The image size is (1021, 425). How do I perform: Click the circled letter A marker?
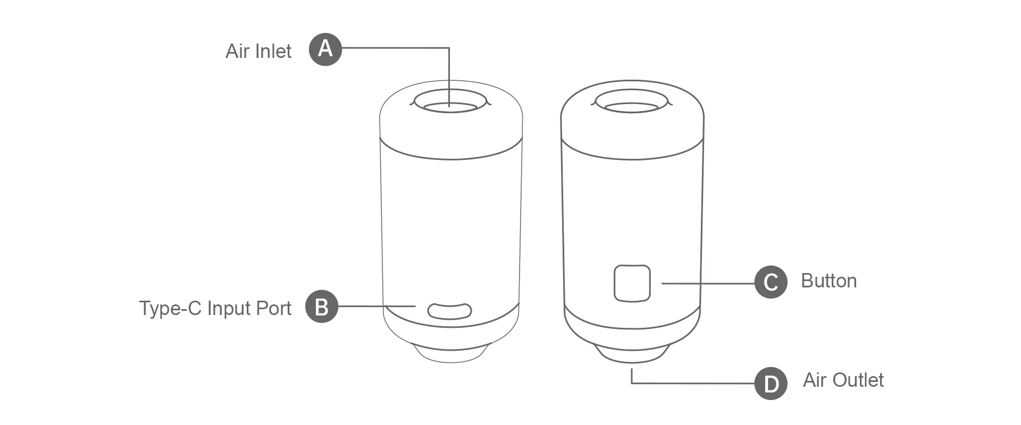pyautogui.click(x=325, y=49)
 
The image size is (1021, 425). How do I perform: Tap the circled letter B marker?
pyautogui.click(x=321, y=307)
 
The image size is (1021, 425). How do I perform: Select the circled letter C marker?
pyautogui.click(x=771, y=282)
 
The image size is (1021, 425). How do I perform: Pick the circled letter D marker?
pyautogui.click(x=771, y=383)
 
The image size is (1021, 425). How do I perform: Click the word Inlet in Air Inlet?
pyautogui.click(x=273, y=52)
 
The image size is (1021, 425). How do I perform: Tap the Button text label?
pyautogui.click(x=828, y=281)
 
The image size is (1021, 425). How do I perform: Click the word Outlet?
pyautogui.click(x=857, y=380)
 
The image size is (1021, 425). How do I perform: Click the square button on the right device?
pyautogui.click(x=632, y=283)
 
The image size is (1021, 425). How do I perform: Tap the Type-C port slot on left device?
pyautogui.click(x=449, y=311)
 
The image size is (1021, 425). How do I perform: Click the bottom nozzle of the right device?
pyautogui.click(x=632, y=355)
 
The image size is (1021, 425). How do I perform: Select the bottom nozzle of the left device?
pyautogui.click(x=451, y=355)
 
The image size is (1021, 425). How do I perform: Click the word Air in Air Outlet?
pyautogui.click(x=815, y=380)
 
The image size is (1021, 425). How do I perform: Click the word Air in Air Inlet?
pyautogui.click(x=237, y=52)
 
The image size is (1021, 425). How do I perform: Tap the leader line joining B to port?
pyautogui.click(x=376, y=306)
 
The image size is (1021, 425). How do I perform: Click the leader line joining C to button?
pyautogui.click(x=707, y=283)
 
